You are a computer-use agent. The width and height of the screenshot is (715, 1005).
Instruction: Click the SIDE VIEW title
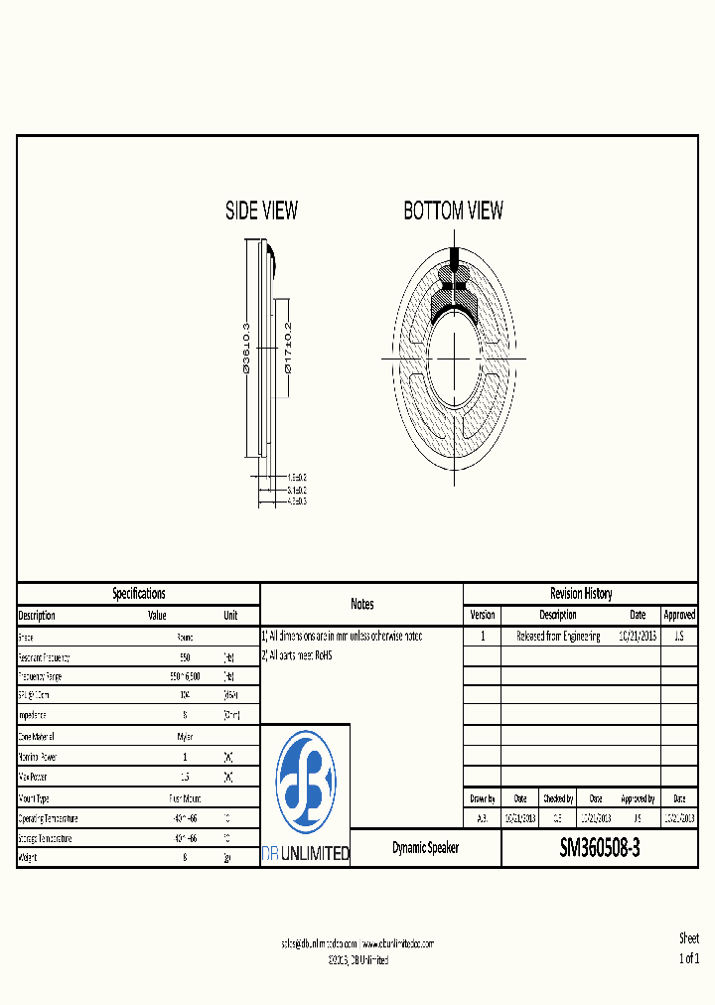261,211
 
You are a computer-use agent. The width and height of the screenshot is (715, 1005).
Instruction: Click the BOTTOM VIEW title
453,211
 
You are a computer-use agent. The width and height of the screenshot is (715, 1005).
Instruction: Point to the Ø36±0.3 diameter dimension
245,347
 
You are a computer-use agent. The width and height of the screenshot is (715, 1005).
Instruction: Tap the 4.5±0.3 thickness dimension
296,502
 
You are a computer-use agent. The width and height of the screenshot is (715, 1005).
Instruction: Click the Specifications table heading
139,594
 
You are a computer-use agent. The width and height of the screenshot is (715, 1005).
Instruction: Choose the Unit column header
230,616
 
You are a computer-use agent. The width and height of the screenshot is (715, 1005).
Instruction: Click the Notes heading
361,604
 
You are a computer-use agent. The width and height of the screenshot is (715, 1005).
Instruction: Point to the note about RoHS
297,655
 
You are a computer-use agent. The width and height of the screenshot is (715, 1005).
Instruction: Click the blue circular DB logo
306,782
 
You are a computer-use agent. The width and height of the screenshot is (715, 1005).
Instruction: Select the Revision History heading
581,594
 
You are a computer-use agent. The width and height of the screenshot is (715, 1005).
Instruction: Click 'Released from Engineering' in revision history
558,637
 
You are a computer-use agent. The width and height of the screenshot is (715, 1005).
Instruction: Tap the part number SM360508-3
600,849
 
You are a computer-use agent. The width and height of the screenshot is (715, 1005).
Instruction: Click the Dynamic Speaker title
425,849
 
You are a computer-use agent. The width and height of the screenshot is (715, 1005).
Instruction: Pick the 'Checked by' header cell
557,798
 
